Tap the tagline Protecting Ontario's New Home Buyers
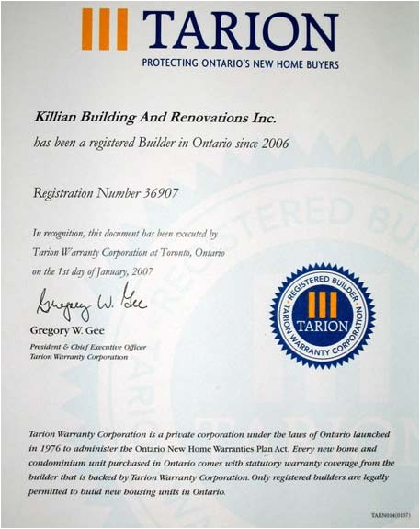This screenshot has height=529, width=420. tap(240, 64)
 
